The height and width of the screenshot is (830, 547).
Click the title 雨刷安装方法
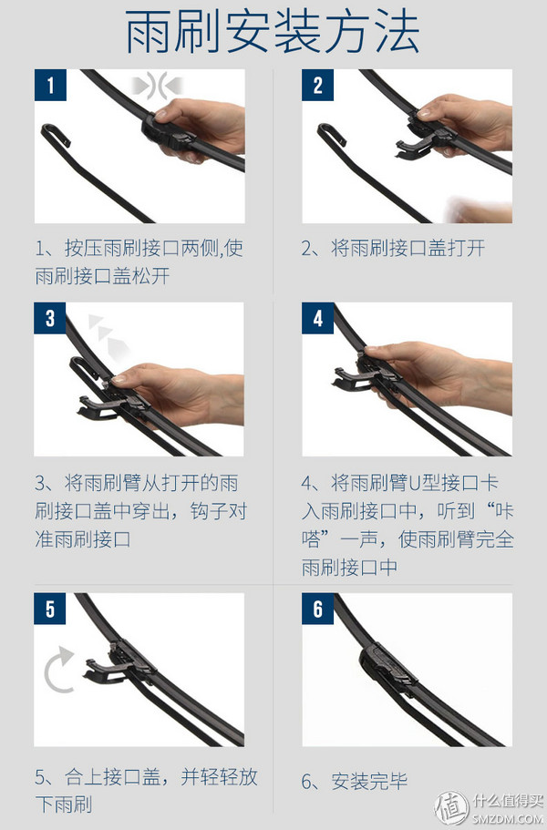[x=273, y=34]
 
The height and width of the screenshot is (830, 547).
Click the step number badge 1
[x=50, y=87]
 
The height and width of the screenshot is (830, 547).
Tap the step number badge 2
[x=318, y=87]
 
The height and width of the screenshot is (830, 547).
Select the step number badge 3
[x=50, y=319]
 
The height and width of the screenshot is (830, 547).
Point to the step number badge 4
[x=318, y=319]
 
